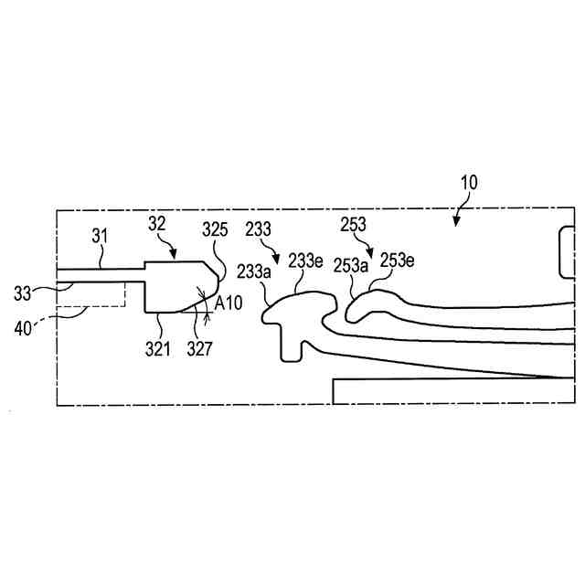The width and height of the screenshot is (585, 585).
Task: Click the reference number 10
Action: click(x=467, y=182)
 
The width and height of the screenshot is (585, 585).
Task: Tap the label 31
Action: click(x=101, y=236)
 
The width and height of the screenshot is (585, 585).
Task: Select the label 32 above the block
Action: click(x=158, y=223)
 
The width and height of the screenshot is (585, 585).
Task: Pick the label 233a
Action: click(x=253, y=271)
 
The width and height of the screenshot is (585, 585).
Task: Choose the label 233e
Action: click(x=305, y=261)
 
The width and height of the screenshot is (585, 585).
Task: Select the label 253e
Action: click(x=398, y=261)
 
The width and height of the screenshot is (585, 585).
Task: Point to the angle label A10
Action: click(x=228, y=303)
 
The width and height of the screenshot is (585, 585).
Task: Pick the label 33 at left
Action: click(x=23, y=294)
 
